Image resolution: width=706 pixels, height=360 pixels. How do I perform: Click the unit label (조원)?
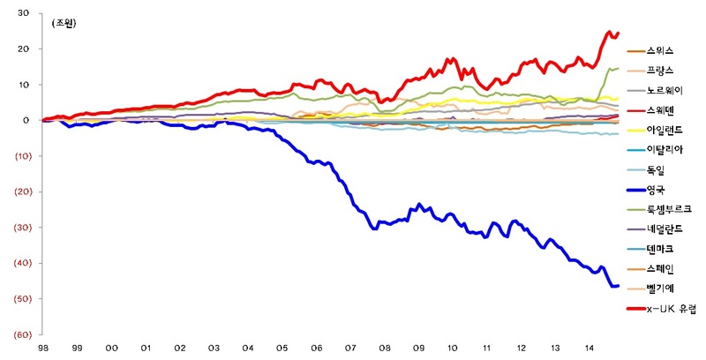(64, 24)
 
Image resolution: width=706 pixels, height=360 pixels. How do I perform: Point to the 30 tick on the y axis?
(23, 14)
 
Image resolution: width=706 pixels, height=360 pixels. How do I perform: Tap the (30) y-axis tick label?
(21, 228)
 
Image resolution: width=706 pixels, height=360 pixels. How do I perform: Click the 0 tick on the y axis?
(26, 121)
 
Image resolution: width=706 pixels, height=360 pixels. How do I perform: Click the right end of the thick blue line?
(617, 286)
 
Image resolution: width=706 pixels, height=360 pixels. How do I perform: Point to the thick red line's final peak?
(609, 33)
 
